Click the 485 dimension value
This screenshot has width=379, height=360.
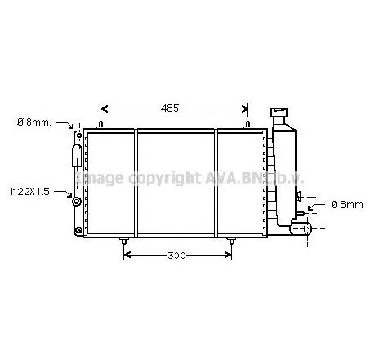(x=170, y=108)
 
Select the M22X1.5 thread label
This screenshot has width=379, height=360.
(x=30, y=191)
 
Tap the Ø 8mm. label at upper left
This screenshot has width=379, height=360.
(x=34, y=122)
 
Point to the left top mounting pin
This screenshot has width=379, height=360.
(x=101, y=125)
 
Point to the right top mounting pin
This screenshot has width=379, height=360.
(x=247, y=125)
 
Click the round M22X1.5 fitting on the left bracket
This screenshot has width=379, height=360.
(x=76, y=200)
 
